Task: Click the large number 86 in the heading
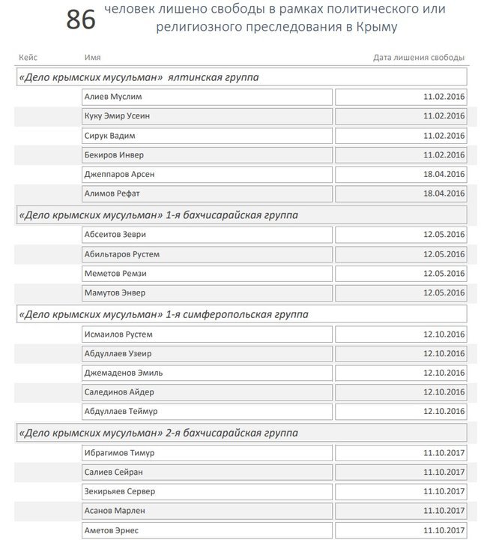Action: [81, 20]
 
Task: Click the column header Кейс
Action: [28, 58]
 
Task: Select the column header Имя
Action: [93, 58]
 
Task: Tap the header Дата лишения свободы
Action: [419, 58]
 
